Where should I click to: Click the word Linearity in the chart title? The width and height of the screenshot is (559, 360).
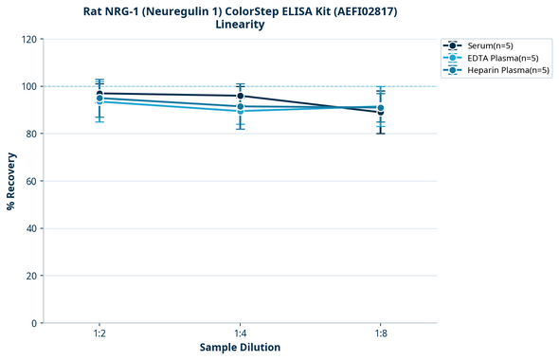coord(240,25)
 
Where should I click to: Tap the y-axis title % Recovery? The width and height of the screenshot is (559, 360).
coord(11,181)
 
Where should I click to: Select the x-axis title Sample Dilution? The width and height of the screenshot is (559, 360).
coord(240,348)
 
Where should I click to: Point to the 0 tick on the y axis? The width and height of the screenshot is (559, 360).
coord(33,323)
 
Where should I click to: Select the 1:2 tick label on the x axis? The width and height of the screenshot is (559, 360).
coord(99,334)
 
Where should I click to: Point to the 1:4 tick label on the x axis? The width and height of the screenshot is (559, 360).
coord(240,334)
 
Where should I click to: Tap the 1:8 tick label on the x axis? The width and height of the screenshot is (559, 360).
coord(380,334)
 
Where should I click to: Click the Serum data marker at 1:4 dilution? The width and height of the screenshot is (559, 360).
coord(240,96)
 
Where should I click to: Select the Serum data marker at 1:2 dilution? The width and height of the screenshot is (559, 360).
coord(99,93)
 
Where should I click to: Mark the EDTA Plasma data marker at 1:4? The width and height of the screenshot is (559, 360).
coord(240,111)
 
